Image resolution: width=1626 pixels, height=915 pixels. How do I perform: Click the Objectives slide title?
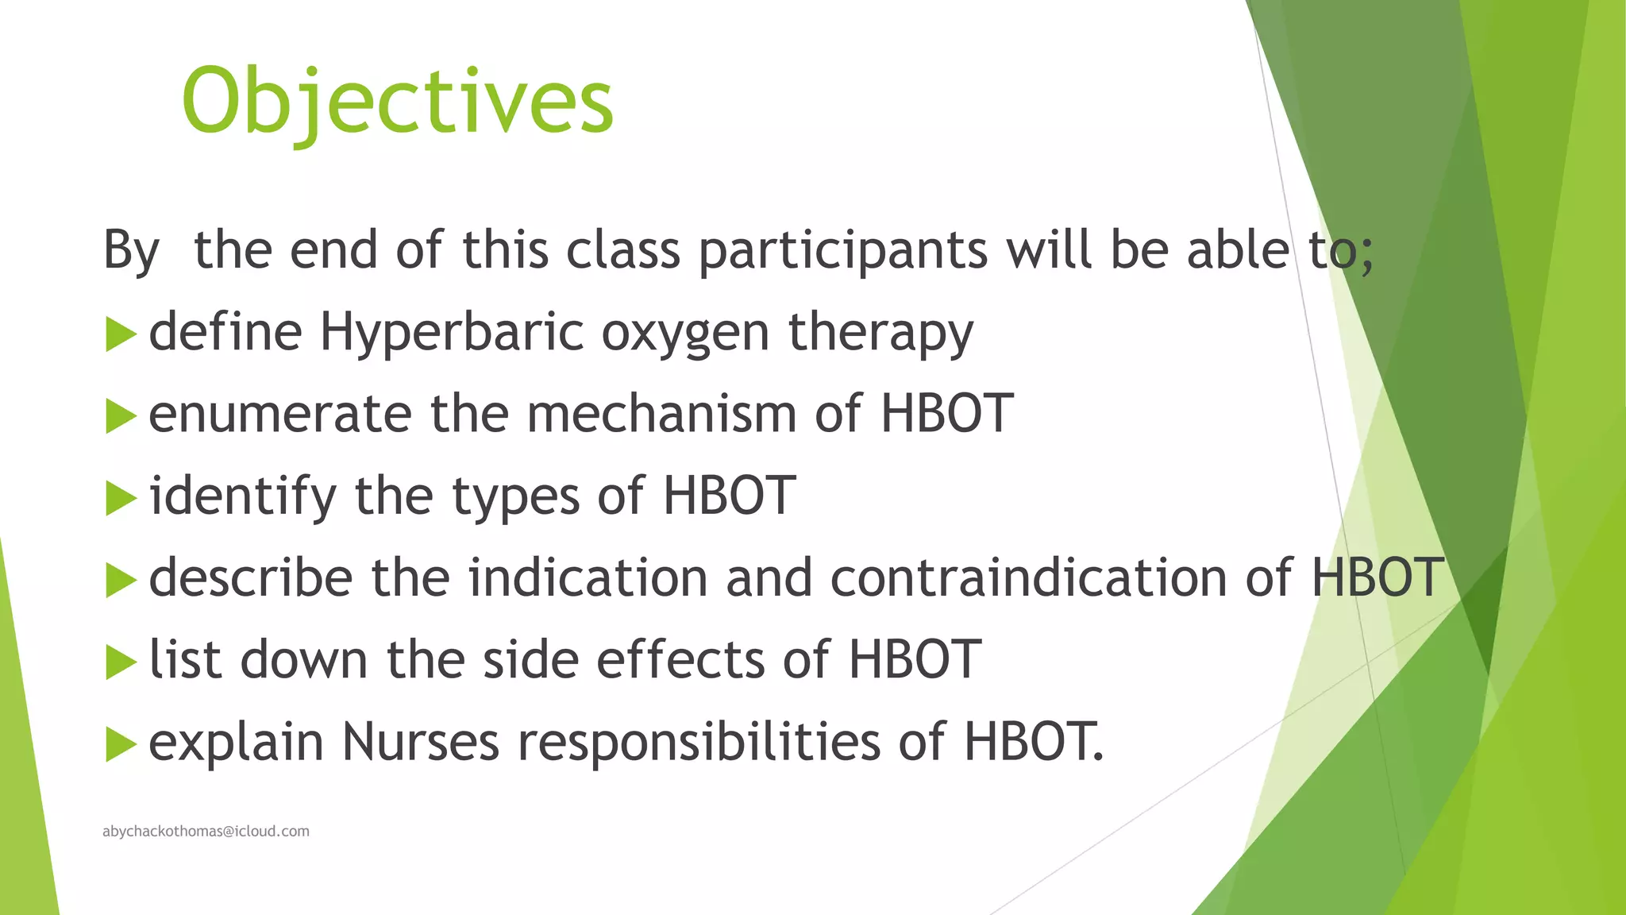coord(397,102)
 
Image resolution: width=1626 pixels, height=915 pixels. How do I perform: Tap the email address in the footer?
coord(206,831)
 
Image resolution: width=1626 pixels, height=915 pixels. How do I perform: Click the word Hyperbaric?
coord(452,332)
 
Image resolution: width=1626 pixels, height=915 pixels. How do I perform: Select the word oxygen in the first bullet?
coord(684,334)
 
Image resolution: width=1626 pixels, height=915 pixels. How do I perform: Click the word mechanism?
coord(661,414)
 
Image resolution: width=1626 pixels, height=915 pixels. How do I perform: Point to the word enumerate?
coord(280,415)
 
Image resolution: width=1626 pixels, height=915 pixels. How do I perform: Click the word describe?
coord(250,577)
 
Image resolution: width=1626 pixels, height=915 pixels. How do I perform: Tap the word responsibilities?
coord(699,743)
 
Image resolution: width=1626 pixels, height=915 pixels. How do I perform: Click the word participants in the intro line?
coord(842,251)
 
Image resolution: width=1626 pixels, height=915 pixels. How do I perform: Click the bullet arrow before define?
coord(121,334)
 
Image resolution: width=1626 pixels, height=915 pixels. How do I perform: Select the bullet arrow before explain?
coord(121,744)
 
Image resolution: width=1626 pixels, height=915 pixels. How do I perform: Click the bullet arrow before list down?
coord(121,662)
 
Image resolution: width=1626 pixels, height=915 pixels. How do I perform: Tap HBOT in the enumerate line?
coord(946,414)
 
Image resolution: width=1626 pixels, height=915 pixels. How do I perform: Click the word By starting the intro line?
coord(131,251)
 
